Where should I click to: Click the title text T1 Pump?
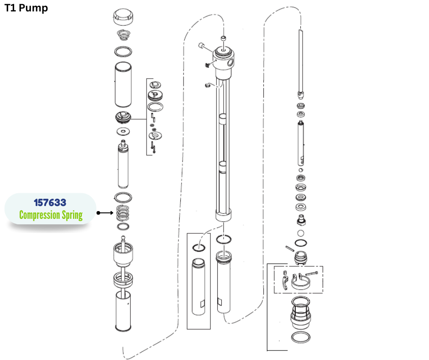pyautogui.click(x=26, y=8)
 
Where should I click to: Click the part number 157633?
pyautogui.click(x=50, y=202)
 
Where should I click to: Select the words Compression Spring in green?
pyautogui.click(x=51, y=215)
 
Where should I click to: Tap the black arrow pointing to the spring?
pyautogui.click(x=105, y=213)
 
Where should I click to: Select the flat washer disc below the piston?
pyautogui.click(x=123, y=132)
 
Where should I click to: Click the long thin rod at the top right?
pyautogui.click(x=301, y=59)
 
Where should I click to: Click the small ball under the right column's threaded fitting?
pyautogui.click(x=301, y=233)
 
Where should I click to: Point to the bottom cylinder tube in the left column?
pyautogui.click(x=123, y=311)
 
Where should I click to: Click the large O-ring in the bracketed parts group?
pyautogui.click(x=156, y=107)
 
